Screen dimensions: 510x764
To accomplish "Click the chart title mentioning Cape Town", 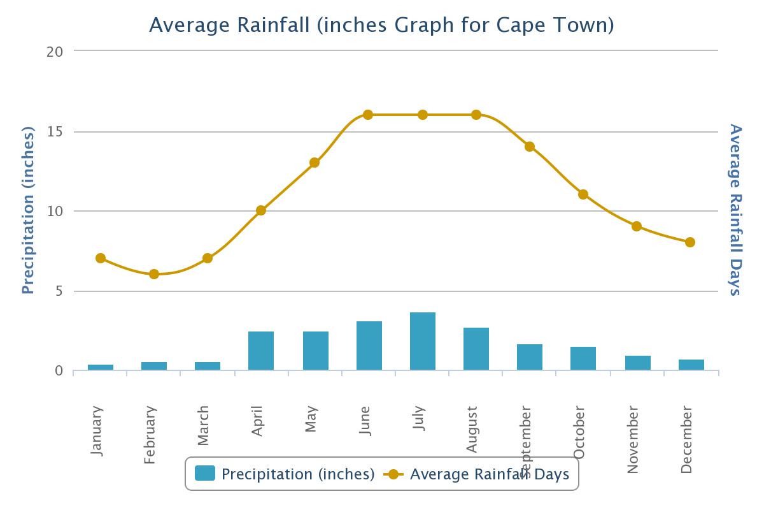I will (381, 25).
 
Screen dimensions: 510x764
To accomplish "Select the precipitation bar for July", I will (423, 341).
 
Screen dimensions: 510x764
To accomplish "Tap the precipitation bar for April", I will (261, 351).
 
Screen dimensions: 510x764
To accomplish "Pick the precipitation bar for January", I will (101, 367).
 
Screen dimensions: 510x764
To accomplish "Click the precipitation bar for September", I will (530, 357).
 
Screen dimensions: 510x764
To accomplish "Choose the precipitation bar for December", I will (691, 365).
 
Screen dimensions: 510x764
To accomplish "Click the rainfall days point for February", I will (154, 274).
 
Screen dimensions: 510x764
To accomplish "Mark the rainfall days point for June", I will (368, 115).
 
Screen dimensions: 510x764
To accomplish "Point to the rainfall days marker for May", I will (315, 163).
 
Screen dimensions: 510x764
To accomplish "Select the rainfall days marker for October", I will (583, 194).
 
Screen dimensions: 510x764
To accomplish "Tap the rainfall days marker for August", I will (476, 115).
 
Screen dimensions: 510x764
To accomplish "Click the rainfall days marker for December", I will (690, 242).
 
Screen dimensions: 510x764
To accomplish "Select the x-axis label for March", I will (204, 425).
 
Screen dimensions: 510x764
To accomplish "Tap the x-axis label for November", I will (633, 441).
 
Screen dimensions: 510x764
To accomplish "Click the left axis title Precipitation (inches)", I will (27, 210).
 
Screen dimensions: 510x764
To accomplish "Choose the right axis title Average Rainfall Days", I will (736, 210).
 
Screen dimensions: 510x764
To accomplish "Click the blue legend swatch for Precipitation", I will (205, 474).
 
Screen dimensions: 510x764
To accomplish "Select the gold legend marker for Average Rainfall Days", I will (393, 474).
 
